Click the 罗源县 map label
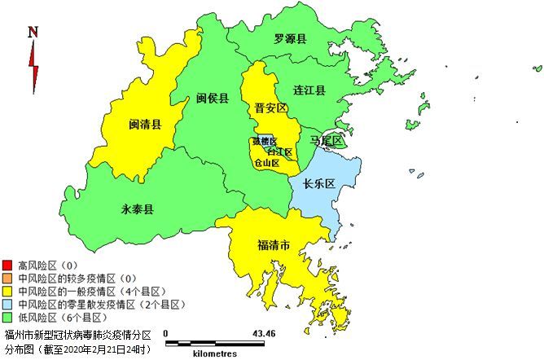click(290, 38)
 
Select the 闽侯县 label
click(213, 98)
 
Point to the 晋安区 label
click(270, 108)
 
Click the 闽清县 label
click(145, 125)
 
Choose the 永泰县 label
click(138, 209)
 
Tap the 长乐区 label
click(319, 184)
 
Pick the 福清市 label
click(274, 244)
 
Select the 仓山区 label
click(267, 162)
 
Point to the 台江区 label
click(279, 151)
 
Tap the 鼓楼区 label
click(265, 141)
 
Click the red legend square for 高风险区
click(7, 266)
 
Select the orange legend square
click(7, 279)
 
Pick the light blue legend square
click(7, 304)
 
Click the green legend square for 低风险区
click(7, 317)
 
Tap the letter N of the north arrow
click(33, 33)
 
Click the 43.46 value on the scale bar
click(264, 334)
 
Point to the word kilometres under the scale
click(215, 353)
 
